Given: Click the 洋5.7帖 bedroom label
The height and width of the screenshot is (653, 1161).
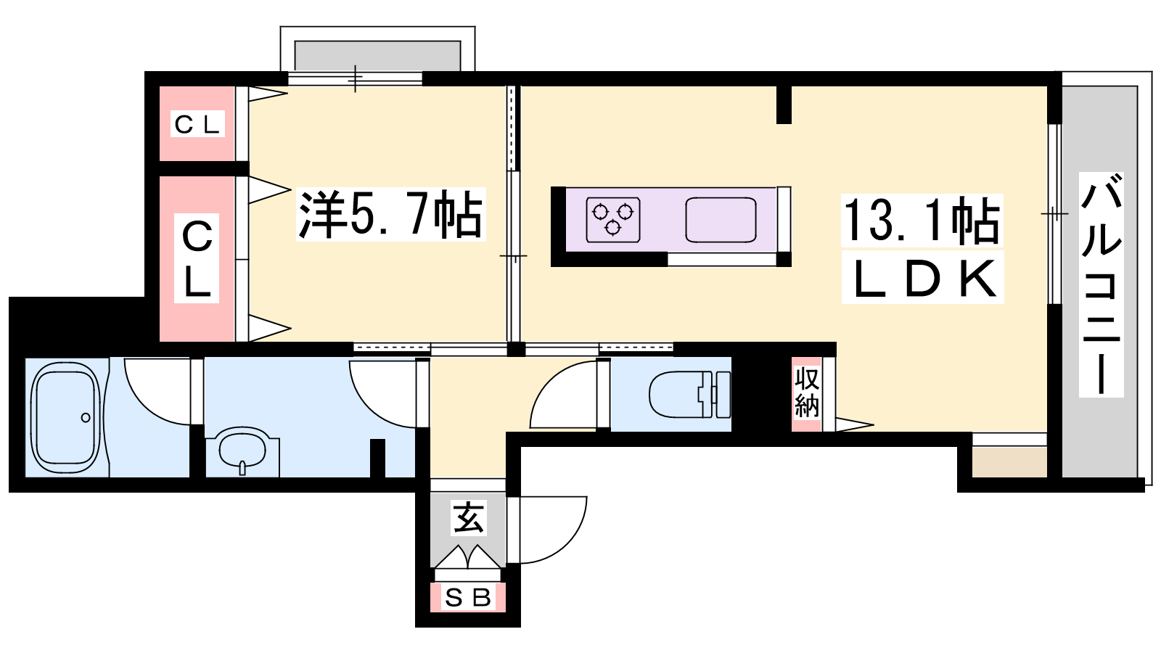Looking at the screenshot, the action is click(x=391, y=214).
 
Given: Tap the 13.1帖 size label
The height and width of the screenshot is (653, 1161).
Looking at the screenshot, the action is click(x=922, y=221).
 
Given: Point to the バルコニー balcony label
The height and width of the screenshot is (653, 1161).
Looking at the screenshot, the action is click(x=1101, y=284).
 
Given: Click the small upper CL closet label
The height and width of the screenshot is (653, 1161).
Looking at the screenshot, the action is click(x=197, y=124).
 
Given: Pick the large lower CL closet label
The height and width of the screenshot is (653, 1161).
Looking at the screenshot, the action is click(x=197, y=258).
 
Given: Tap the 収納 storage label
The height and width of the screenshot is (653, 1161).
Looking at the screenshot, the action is click(x=806, y=393).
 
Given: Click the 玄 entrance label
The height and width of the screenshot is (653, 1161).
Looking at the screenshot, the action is click(x=469, y=517).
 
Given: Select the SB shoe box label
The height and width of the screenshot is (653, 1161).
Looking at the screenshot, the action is click(x=467, y=598).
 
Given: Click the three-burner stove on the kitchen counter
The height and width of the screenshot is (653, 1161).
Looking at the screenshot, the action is click(x=613, y=219).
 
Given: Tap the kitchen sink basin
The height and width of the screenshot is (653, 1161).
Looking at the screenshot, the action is click(x=721, y=219).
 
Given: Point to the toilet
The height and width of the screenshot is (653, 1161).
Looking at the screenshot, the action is click(x=690, y=395).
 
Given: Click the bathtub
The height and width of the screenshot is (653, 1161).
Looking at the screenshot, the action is click(x=66, y=417).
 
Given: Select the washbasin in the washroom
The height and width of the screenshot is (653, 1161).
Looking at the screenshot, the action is click(x=242, y=449).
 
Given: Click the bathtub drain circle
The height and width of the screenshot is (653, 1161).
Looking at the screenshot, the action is click(x=86, y=417).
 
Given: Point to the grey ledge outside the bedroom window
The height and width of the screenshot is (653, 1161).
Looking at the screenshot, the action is click(x=377, y=56).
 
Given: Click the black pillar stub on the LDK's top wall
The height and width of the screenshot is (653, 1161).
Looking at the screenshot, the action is click(x=784, y=104).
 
